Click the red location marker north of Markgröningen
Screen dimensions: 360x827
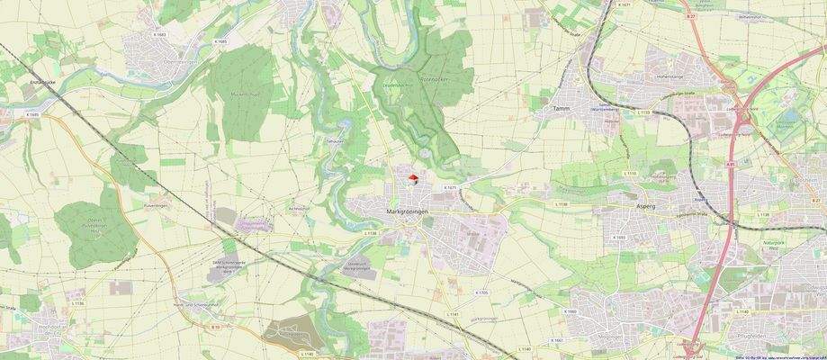click(413, 178)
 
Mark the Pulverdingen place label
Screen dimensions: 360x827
click(157, 205)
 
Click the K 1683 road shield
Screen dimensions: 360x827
click(159, 34)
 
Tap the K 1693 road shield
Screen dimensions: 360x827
click(619, 238)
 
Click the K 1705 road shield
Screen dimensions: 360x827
click(481, 292)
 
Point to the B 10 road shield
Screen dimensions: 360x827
click(216, 328)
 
